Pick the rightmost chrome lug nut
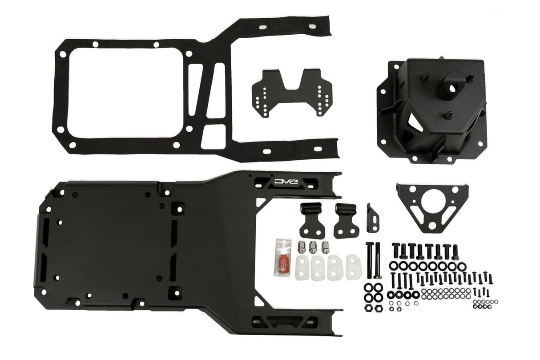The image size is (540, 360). tap(325, 246)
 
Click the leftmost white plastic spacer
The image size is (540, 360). tap(303, 266)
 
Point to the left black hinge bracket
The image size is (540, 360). tap(311, 220)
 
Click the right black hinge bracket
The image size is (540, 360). tap(347, 220)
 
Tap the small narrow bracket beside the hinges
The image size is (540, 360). tap(373, 218)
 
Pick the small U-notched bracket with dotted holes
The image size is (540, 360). tap(292, 92)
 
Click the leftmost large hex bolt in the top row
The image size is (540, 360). tap(395, 251)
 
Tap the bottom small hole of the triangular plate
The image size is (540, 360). tap(431, 226)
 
